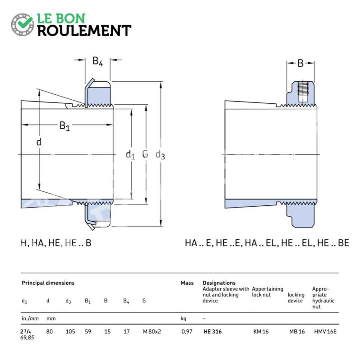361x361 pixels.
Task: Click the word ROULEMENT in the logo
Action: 84,31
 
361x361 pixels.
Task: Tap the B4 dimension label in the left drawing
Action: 97,61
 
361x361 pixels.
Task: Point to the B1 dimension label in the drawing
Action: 65,126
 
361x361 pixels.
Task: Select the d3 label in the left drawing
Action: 160,155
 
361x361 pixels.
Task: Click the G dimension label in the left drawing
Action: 145,154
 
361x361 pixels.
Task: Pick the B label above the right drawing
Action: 301,63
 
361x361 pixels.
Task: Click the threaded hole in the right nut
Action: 302,92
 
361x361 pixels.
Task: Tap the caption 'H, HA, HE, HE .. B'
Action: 56,243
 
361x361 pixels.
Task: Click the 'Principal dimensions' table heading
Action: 48,283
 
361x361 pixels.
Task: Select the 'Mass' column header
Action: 187,283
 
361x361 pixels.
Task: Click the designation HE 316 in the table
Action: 213,332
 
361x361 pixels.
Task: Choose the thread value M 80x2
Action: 152,332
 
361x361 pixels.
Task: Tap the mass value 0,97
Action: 187,332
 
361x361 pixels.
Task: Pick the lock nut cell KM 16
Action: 261,332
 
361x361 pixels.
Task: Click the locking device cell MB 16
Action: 297,332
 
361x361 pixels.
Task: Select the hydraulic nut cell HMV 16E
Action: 325,332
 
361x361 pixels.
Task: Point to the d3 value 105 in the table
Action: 70,332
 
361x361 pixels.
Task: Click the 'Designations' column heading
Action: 219,283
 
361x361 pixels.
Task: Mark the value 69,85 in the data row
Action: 27,338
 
